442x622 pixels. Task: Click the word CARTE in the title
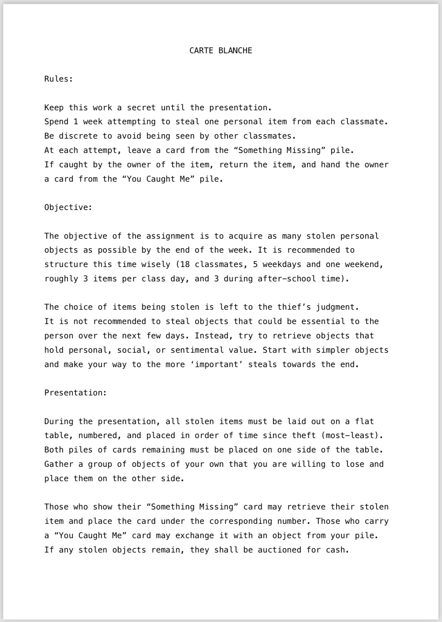(x=201, y=51)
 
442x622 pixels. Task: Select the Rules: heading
(x=59, y=79)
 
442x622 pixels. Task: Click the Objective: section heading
(x=68, y=207)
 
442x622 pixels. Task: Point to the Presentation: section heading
(x=76, y=393)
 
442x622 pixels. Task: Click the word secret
(x=141, y=108)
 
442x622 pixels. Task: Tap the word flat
(x=365, y=421)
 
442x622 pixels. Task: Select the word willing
(x=308, y=464)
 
